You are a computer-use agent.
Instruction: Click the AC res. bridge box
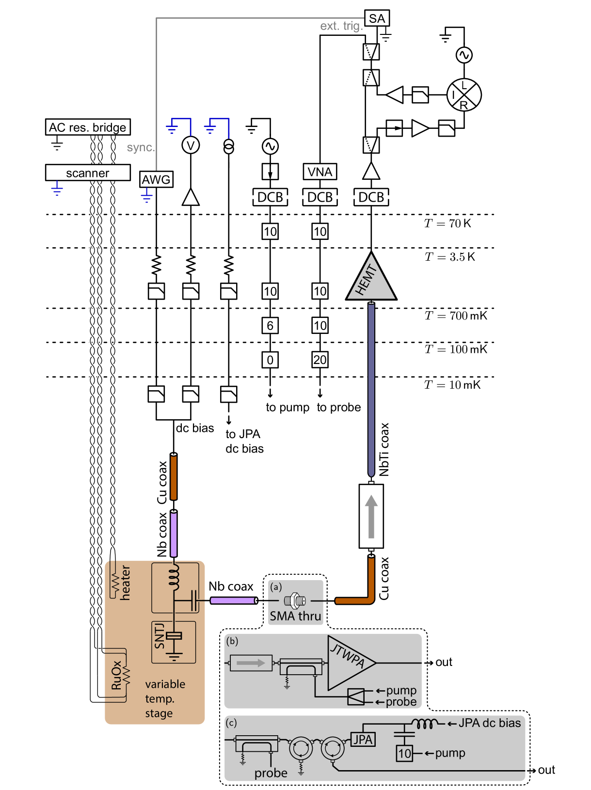[x=88, y=127]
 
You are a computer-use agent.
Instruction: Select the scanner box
[x=88, y=173]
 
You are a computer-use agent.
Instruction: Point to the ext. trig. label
[x=341, y=26]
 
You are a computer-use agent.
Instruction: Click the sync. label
[x=141, y=147]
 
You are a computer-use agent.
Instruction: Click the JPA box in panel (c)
[x=363, y=740]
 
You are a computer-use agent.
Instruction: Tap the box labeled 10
[x=404, y=754]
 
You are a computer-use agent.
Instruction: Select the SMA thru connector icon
[x=295, y=601]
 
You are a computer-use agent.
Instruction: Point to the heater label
[x=126, y=583]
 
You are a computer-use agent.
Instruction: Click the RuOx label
[x=116, y=675]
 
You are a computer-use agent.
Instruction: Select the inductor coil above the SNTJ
[x=174, y=576]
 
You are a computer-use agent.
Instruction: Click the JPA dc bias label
[x=489, y=723]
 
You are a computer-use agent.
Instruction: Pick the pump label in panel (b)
[x=401, y=690]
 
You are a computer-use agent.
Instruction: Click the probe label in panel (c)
[x=271, y=773]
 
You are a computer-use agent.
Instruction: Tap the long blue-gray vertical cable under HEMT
[x=371, y=388]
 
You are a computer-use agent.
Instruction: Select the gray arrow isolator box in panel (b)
[x=251, y=663]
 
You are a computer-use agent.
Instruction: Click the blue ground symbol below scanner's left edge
[x=57, y=189]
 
